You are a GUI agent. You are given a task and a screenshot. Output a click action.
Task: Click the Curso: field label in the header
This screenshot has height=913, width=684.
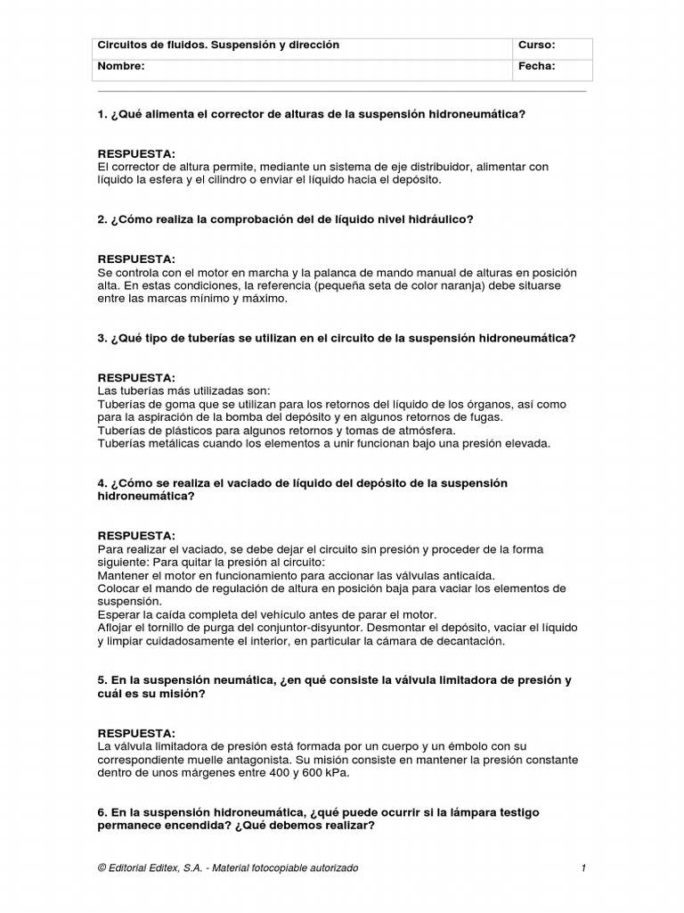(536, 45)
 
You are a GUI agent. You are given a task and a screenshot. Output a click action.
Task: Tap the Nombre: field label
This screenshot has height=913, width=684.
(121, 66)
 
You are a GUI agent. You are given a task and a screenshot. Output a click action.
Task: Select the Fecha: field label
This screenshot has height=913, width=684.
(536, 66)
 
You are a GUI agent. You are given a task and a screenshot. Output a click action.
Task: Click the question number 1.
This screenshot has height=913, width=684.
(102, 115)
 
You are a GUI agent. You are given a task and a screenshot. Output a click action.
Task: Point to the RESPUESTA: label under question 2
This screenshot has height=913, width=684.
(136, 259)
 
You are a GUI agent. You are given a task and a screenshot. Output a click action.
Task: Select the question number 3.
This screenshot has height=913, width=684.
(102, 339)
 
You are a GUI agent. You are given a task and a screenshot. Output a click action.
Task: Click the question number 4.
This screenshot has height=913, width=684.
(102, 483)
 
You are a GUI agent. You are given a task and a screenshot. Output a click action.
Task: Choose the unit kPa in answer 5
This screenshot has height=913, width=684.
(337, 773)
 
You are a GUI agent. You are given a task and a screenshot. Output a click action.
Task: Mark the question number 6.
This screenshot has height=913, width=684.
(102, 813)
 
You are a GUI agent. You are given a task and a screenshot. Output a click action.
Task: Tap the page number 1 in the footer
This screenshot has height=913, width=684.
(582, 868)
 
